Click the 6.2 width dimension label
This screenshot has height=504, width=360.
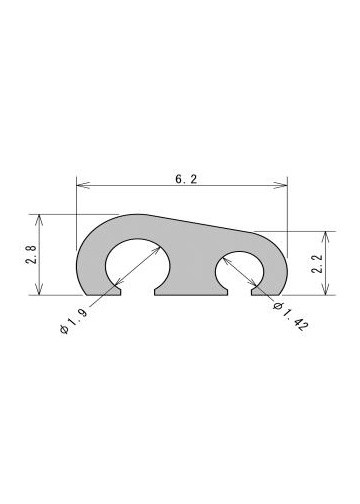(186, 179)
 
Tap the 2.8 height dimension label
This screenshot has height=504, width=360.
(31, 254)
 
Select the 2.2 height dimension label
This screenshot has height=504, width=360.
(317, 264)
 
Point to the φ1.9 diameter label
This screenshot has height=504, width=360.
(74, 321)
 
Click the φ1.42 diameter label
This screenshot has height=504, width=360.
(290, 316)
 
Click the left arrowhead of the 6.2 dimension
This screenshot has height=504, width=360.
(83, 185)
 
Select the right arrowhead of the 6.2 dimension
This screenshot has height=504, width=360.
(280, 185)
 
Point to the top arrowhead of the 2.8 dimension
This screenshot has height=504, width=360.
(40, 221)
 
